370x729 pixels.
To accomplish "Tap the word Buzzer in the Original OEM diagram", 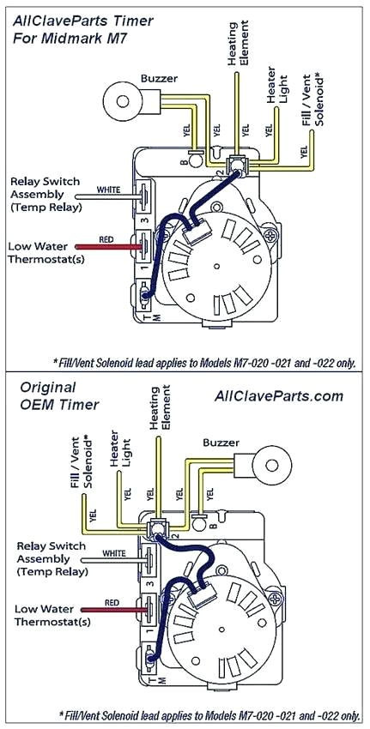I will click(x=221, y=443).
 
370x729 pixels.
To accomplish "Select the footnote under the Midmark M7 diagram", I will click(x=203, y=361).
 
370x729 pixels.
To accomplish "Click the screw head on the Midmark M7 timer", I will click(x=271, y=232).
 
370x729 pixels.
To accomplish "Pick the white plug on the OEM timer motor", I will click(x=203, y=591).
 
